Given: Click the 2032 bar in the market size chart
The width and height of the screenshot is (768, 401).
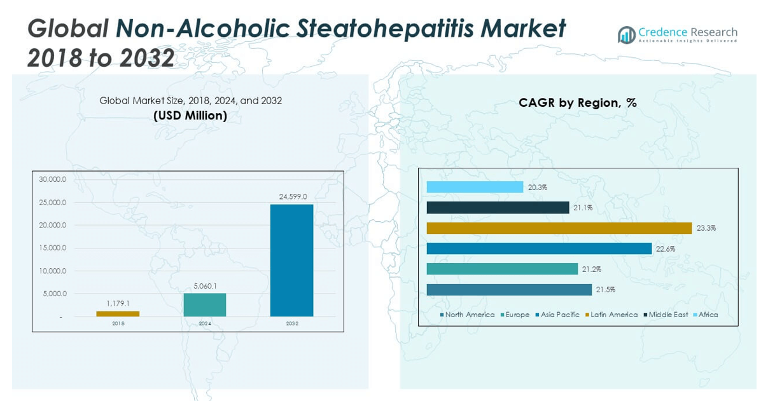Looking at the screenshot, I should coord(291,260).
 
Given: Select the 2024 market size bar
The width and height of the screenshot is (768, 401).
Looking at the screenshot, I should coord(205,304).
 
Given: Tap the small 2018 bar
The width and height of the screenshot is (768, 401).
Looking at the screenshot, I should coord(118,313).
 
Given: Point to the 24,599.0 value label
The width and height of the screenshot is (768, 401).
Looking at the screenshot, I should coord(293,197).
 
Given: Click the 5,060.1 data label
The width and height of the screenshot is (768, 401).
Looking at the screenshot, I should coord(205,286).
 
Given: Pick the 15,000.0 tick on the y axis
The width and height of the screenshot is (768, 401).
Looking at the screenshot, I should coord(53,248).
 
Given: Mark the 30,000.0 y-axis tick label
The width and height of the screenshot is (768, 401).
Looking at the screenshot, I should coord(53,179).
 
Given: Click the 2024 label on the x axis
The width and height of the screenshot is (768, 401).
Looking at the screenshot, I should coord(205,323).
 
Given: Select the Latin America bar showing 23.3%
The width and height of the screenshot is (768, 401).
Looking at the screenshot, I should coord(559,228).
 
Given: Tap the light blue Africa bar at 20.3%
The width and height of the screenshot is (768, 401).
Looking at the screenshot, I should coord(475,187).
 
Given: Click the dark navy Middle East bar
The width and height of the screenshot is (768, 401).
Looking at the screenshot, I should coord(498,208).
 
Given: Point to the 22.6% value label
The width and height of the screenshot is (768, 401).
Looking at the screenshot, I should coord(666,248).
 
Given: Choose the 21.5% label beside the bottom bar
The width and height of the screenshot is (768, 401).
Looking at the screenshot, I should coord(606,290).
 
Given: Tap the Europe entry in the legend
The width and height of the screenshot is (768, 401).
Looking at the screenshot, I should coord(517,315).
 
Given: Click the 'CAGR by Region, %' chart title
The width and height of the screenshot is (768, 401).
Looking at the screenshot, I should coord(578,102).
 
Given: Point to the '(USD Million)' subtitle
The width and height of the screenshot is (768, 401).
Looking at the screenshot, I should coord(190,116).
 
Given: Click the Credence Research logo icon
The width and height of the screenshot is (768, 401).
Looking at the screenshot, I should coord(626,35).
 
